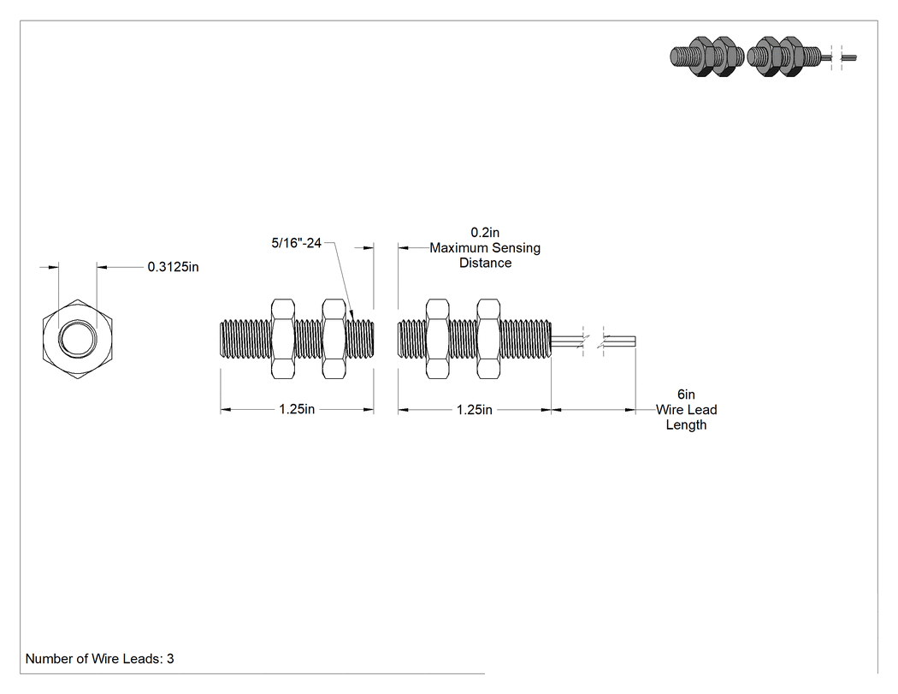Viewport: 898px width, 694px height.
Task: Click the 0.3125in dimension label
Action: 173,267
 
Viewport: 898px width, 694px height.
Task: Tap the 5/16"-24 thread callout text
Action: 296,243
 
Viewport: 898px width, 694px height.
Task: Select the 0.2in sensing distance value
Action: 485,232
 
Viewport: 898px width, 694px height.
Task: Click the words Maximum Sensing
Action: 485,247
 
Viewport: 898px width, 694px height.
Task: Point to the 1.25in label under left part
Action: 297,409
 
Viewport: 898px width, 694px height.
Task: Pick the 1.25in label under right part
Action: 474,410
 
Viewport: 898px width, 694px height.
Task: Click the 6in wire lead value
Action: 686,394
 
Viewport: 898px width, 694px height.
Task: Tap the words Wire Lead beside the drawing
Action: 686,410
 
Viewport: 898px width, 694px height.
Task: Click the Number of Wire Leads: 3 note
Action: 100,658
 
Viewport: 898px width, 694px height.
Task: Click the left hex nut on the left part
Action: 282,339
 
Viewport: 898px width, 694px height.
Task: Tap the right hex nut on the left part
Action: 334,339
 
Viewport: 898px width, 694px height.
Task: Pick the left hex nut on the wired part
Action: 438,339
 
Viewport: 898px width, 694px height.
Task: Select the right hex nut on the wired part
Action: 488,339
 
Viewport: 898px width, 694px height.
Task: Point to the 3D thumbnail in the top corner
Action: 763,56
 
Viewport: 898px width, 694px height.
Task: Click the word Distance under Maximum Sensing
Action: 485,263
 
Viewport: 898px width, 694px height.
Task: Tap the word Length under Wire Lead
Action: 686,425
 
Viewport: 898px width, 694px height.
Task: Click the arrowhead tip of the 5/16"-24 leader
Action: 353,320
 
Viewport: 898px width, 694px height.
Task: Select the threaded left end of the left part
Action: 245,339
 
